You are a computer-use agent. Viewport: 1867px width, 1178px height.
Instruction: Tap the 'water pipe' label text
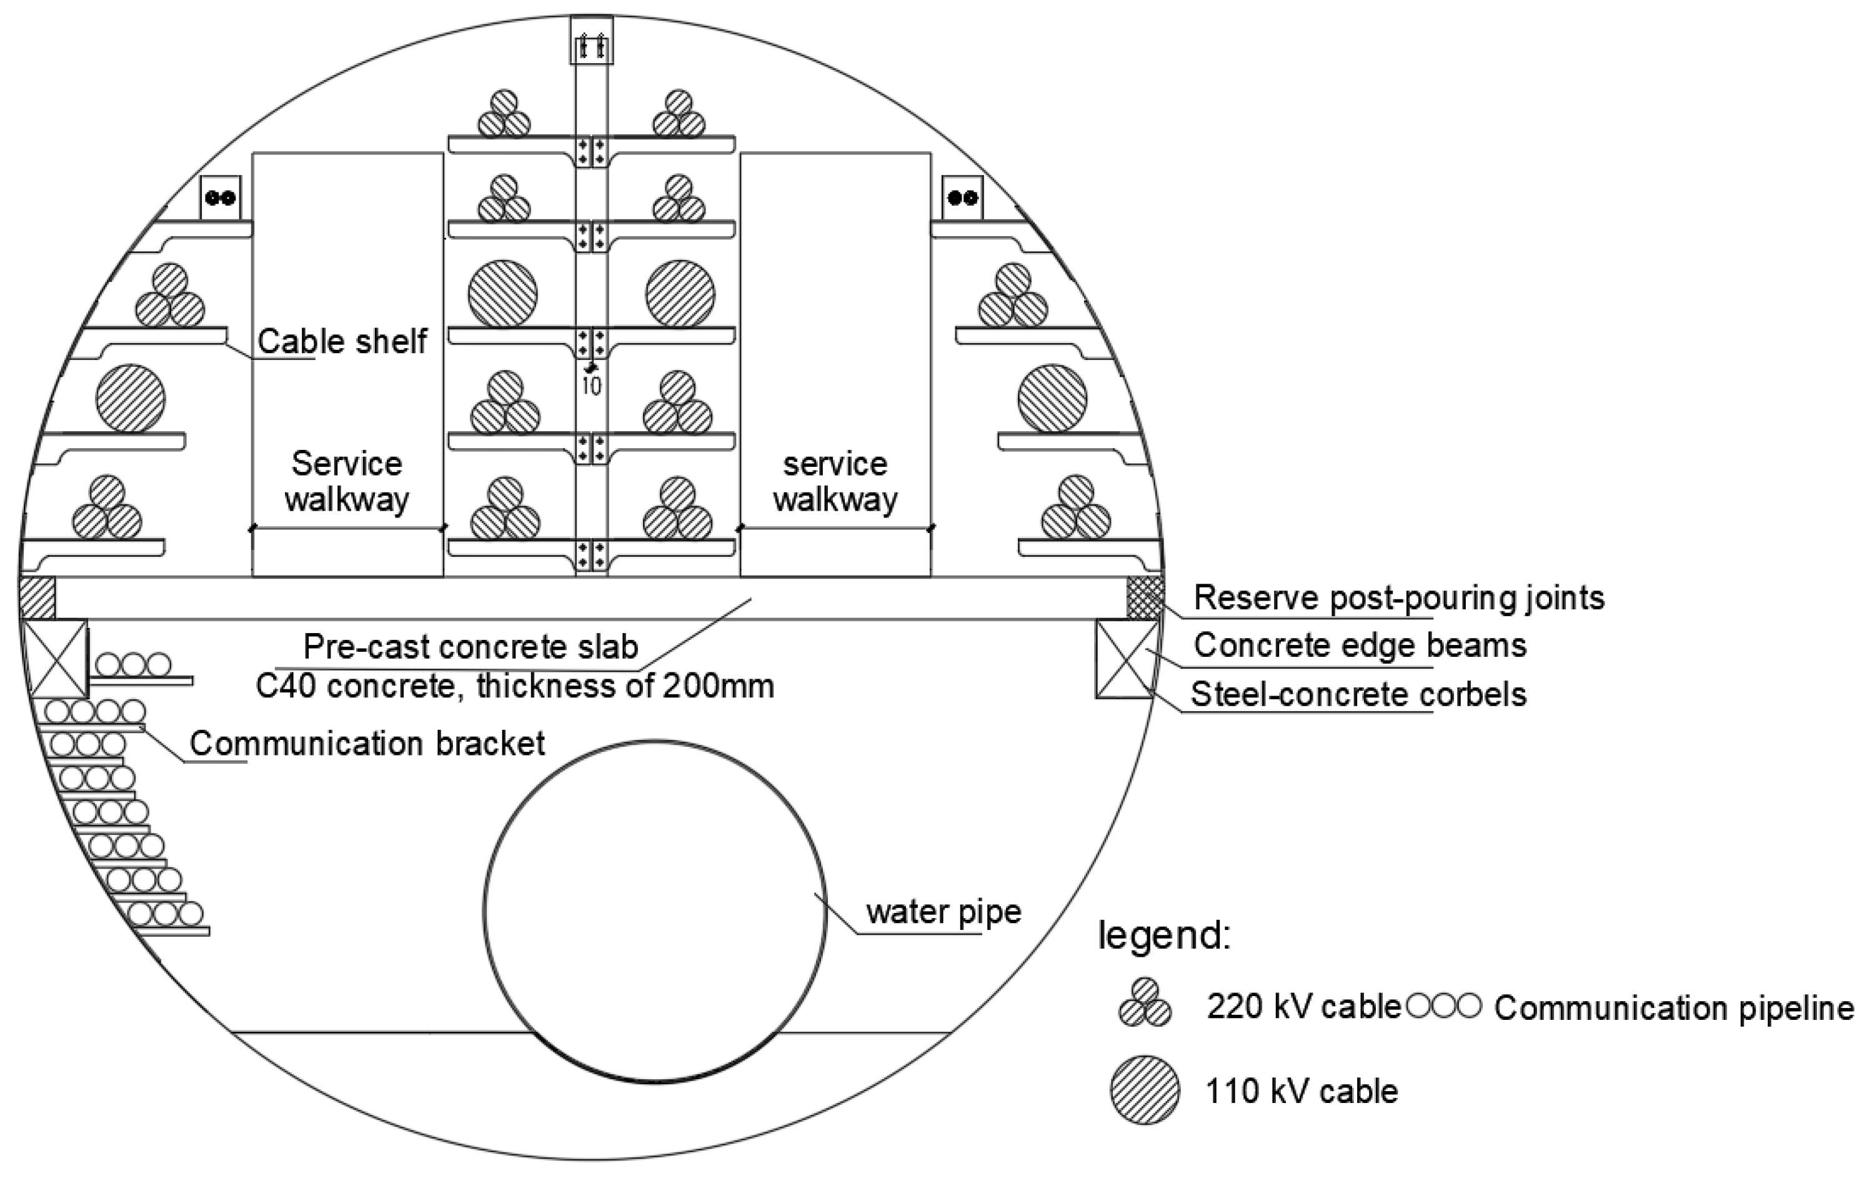point(943,912)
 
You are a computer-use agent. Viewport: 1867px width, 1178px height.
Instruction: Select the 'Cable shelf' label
point(342,341)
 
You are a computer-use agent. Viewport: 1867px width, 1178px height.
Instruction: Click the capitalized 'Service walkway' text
point(347,481)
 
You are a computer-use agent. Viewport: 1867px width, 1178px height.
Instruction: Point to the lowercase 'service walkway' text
point(835,481)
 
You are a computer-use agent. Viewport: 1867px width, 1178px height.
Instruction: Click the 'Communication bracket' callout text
point(367,743)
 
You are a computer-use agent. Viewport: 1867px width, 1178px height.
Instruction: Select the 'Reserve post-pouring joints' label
point(1399,598)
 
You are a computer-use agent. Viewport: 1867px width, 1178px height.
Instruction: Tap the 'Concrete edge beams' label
point(1360,645)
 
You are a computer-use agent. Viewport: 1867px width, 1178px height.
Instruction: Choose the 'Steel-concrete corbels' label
point(1358,694)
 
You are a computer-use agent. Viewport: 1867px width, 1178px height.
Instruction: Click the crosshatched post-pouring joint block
point(1145,598)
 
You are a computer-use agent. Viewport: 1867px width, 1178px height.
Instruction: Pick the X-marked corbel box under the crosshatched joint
point(1126,659)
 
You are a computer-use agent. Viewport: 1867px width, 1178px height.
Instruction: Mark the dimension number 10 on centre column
point(592,386)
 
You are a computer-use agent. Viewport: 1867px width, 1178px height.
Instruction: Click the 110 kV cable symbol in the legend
point(1145,1091)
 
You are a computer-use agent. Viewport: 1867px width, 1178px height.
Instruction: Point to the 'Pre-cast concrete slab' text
point(470,646)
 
